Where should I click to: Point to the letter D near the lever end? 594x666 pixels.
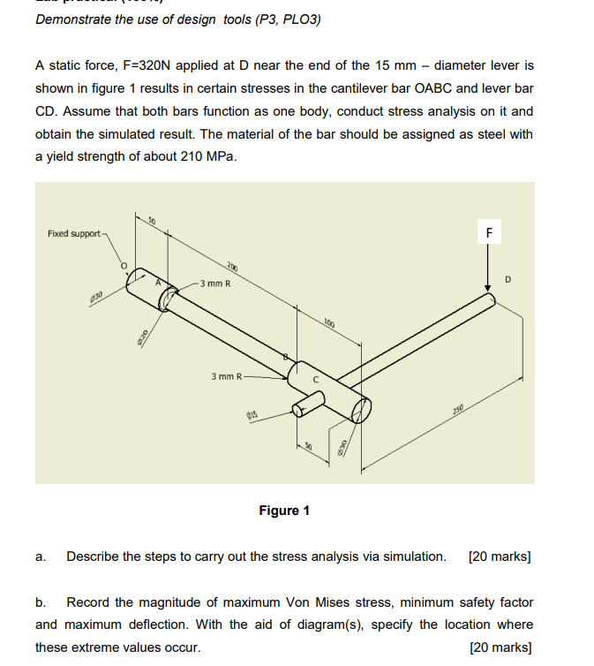tap(508, 280)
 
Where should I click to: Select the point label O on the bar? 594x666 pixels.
tap(124, 264)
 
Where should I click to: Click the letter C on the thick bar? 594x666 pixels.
tap(315, 381)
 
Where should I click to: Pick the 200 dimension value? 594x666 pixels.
tap(231, 267)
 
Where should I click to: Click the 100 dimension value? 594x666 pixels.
tap(328, 322)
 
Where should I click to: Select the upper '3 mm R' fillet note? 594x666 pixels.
tap(215, 284)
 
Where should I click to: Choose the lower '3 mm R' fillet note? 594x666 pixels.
tap(226, 376)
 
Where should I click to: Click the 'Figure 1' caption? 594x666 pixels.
tap(284, 511)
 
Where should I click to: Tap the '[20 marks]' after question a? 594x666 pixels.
tap(500, 556)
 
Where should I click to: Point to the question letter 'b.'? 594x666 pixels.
tap(41, 602)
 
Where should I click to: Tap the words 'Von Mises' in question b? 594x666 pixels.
tap(316, 602)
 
